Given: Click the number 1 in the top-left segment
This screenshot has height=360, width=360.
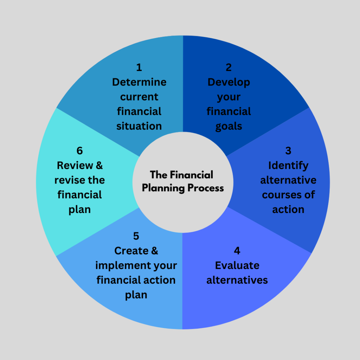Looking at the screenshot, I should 139,67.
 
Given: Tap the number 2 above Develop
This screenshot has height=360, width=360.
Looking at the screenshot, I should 229,67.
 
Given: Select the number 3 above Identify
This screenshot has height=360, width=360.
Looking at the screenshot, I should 288,150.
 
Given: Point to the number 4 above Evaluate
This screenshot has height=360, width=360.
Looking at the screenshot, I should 237,251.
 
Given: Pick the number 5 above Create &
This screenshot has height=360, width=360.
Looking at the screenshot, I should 136,236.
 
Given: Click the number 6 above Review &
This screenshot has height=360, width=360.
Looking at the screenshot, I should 79,150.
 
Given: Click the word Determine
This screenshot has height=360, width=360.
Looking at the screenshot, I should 139,82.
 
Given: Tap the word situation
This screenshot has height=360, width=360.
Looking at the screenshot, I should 139,126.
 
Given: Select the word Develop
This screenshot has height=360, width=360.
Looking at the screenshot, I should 229,82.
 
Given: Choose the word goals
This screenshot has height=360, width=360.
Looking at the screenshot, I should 229,126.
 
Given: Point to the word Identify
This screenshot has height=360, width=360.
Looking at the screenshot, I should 288,165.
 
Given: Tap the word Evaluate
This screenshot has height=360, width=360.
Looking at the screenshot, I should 237,265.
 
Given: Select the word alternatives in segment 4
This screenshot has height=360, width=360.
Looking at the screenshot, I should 237,280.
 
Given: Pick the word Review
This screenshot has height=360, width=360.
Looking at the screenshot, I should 71,165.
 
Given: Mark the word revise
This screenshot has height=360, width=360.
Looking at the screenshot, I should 69,180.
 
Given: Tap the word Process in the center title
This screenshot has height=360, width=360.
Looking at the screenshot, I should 205,188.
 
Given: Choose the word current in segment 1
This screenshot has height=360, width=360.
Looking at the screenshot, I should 139,97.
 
